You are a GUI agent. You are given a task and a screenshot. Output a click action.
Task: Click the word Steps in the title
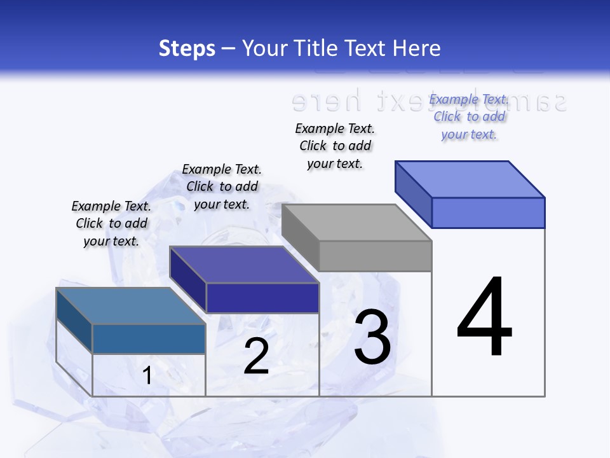187,48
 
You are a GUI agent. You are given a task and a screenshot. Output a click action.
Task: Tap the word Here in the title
417,48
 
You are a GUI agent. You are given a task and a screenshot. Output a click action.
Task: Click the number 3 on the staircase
372,337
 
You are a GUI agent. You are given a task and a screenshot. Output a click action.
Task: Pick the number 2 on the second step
256,356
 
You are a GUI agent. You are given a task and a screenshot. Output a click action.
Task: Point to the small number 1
147,375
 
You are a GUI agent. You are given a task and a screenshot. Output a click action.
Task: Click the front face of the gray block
376,256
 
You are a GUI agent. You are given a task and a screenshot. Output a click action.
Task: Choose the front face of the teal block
149,338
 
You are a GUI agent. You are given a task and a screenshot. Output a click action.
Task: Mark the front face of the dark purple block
262,298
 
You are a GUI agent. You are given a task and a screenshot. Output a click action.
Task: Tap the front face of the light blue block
488,212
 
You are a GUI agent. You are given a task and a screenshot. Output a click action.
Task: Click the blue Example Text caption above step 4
469,117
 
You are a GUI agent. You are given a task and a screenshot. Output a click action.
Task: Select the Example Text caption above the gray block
335,146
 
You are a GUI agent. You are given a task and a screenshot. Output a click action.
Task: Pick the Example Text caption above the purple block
222,186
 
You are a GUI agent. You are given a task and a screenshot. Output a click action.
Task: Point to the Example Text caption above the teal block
111,223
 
